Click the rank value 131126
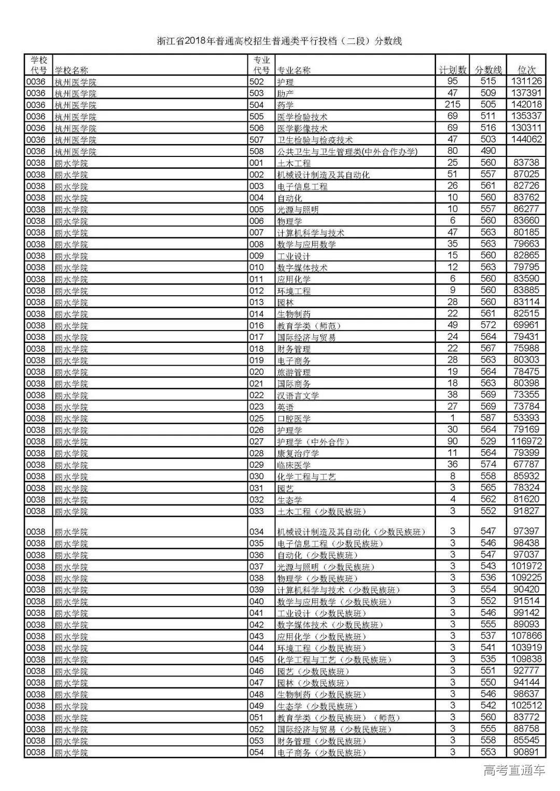pyautogui.click(x=526, y=81)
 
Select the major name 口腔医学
pyautogui.click(x=294, y=419)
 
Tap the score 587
pyautogui.click(x=488, y=418)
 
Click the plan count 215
pyautogui.click(x=452, y=105)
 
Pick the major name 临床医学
pyautogui.click(x=294, y=465)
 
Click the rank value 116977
pyautogui.click(x=526, y=441)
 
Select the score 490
pyautogui.click(x=488, y=151)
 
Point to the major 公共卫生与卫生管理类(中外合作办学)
pyautogui.click(x=347, y=151)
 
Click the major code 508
pyautogui.click(x=257, y=151)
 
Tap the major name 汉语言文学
pyautogui.click(x=298, y=395)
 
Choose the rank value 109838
pyautogui.click(x=526, y=659)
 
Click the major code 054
pyautogui.click(x=257, y=752)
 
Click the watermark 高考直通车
pyautogui.click(x=514, y=770)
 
